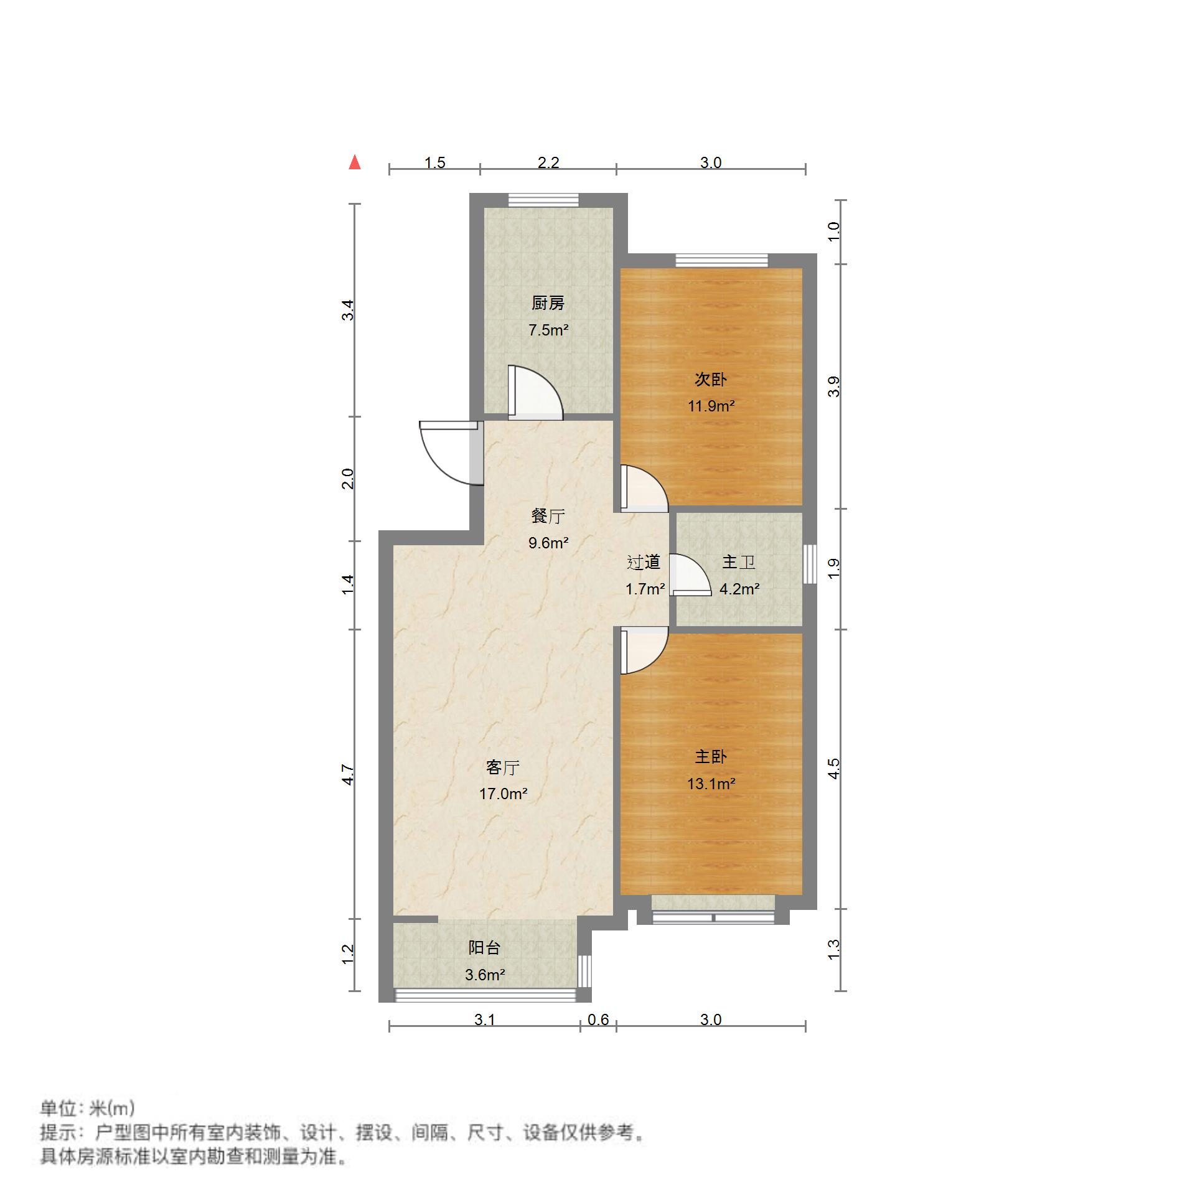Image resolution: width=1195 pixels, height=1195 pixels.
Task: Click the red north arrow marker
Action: (x=355, y=162)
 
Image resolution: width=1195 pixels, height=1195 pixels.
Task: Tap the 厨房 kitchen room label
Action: (x=548, y=303)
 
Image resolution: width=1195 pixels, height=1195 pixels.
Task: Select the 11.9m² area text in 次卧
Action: (x=711, y=406)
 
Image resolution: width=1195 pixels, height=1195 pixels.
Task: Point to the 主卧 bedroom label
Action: (x=711, y=757)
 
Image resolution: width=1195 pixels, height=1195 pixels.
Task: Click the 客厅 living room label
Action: (x=503, y=767)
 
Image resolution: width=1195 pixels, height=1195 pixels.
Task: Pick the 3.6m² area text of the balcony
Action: (x=485, y=975)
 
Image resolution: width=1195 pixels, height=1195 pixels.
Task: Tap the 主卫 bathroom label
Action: (x=739, y=563)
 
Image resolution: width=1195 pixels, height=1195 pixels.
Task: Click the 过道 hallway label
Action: (x=644, y=563)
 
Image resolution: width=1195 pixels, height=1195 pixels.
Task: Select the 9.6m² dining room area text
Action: (x=548, y=543)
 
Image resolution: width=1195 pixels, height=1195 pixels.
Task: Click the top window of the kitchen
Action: (x=543, y=200)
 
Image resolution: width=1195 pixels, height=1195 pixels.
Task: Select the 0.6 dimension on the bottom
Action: (x=598, y=1019)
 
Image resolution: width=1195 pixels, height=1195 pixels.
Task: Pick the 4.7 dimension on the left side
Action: (x=349, y=774)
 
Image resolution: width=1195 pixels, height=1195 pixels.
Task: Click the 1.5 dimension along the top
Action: (x=435, y=163)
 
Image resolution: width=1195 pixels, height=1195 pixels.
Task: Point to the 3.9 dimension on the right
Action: (x=834, y=387)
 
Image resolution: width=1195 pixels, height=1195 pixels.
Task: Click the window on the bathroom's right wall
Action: (x=809, y=564)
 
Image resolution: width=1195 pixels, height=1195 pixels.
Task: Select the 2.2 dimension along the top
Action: (x=548, y=163)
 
